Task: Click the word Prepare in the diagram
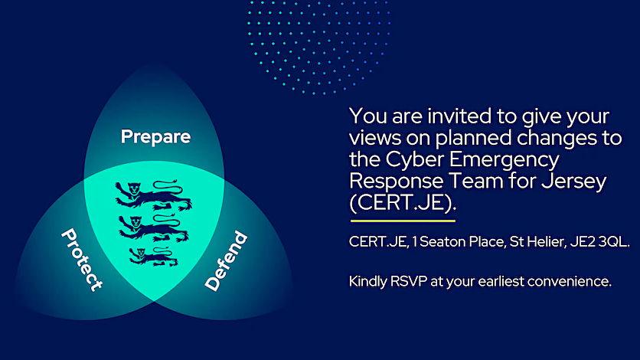155,137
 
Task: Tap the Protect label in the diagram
82,260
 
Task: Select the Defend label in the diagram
226,261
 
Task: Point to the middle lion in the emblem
154,227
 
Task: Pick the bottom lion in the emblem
153,256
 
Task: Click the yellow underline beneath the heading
403,221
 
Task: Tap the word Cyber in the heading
414,159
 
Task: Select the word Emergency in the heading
504,160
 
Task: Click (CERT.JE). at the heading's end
403,203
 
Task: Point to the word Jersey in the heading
574,182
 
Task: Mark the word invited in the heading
459,116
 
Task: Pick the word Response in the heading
397,182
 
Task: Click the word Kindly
367,282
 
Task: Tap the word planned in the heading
473,138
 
